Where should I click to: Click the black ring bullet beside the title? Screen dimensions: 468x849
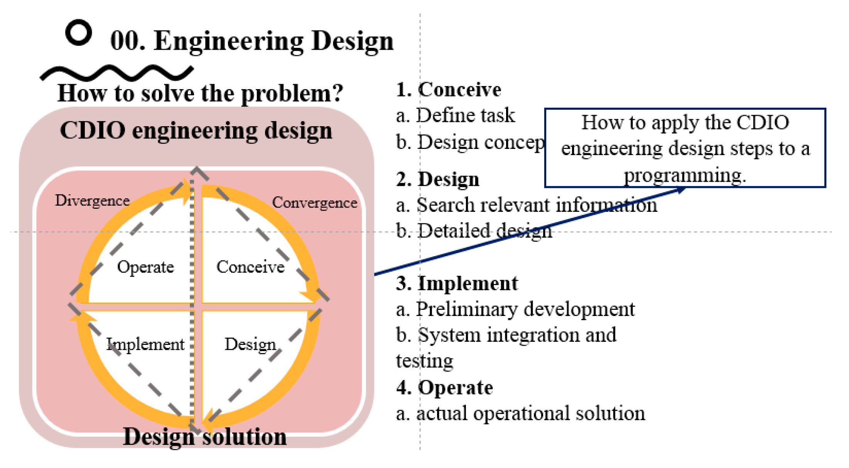79,32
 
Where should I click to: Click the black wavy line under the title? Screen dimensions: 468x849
116,73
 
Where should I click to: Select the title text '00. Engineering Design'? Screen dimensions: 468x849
251,41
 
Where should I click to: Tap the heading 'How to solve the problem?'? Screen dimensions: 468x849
200,93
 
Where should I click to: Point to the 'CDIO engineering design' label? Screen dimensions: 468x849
196,130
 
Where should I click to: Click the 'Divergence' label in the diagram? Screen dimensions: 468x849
92,201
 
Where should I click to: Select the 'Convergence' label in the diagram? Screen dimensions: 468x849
314,203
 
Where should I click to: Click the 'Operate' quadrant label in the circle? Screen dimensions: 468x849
145,267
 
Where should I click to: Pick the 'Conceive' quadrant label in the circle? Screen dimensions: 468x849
250,267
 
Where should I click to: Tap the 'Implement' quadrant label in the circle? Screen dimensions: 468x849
145,344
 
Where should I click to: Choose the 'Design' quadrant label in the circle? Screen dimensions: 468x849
250,344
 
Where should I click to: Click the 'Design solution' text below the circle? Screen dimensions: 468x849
204,437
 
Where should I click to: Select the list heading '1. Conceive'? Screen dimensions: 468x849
448,90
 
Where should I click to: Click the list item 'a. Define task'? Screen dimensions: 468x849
455,115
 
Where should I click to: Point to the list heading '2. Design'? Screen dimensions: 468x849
437,179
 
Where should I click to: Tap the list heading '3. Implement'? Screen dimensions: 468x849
457,283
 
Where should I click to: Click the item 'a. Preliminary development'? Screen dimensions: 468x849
515,309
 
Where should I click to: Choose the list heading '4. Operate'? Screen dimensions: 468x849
444,387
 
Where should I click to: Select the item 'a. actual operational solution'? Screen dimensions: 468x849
520,413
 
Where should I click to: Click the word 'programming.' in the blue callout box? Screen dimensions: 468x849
685,175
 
